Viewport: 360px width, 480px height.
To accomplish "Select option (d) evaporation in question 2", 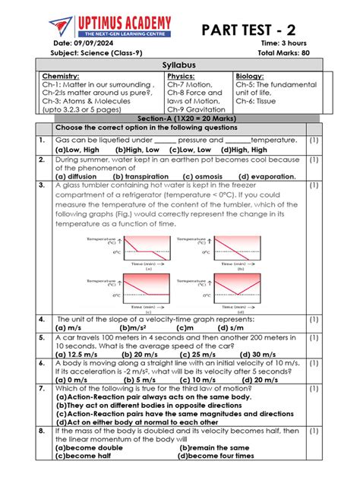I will [262, 176].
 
